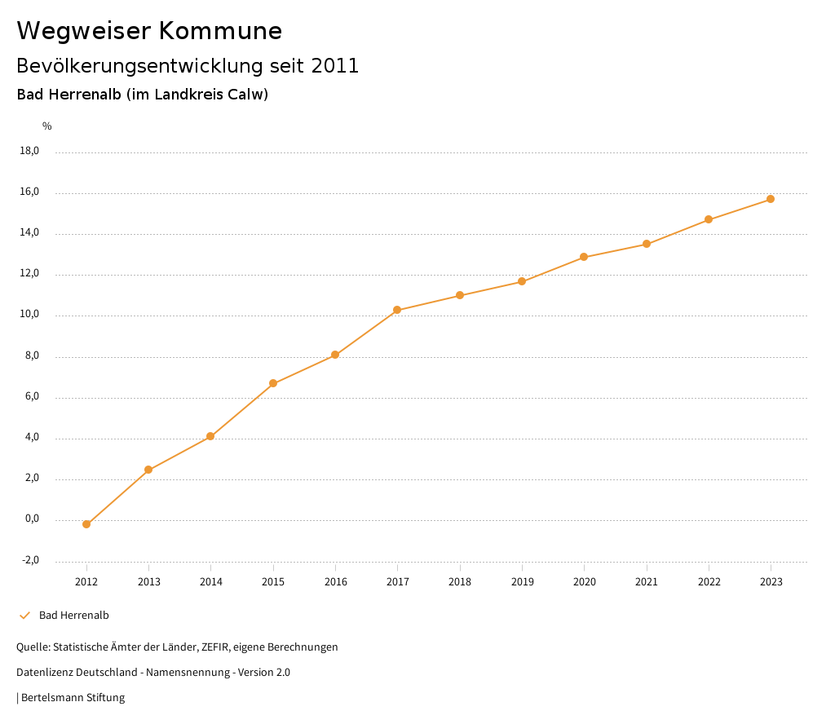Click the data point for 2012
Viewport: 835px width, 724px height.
click(86, 524)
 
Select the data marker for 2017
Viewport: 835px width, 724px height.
click(397, 310)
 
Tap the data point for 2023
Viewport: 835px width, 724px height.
click(771, 199)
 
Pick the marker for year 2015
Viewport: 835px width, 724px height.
click(273, 383)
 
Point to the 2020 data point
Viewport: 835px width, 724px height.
click(584, 257)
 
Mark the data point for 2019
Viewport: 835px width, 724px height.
click(522, 282)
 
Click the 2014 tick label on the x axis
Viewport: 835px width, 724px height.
click(211, 582)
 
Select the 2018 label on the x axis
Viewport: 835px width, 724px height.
click(460, 582)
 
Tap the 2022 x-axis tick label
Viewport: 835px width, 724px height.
click(709, 582)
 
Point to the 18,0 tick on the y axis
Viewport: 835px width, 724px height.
click(29, 151)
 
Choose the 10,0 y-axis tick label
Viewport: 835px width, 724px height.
click(29, 315)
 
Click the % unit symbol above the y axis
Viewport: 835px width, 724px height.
click(47, 126)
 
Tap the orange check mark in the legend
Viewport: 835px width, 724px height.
click(24, 616)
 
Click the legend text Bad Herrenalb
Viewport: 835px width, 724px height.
click(74, 616)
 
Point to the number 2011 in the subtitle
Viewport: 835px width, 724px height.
click(335, 66)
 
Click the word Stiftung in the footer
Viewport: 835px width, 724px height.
click(106, 698)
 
